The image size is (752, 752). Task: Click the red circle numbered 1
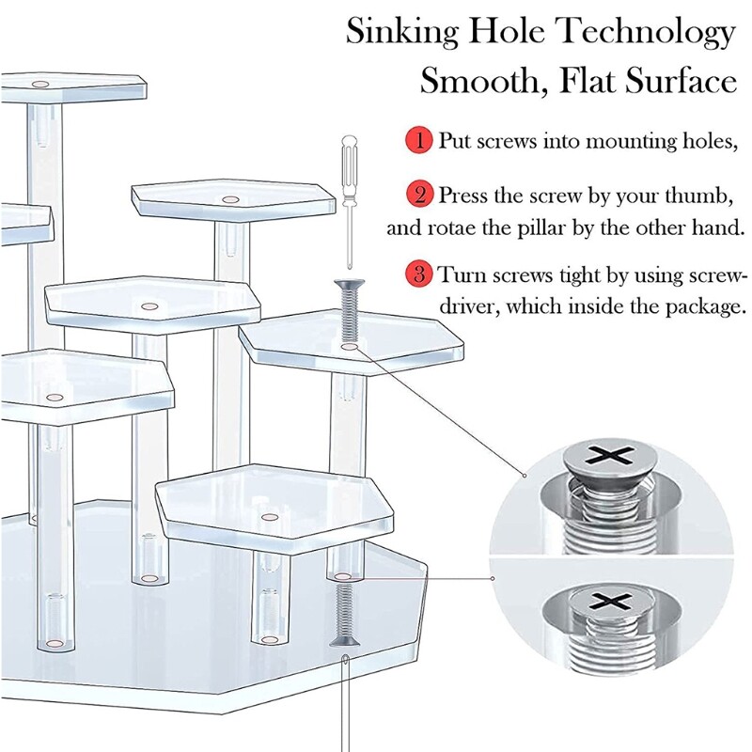click(x=418, y=142)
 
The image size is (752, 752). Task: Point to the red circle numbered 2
click(x=418, y=196)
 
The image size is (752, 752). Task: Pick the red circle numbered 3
click(x=418, y=275)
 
